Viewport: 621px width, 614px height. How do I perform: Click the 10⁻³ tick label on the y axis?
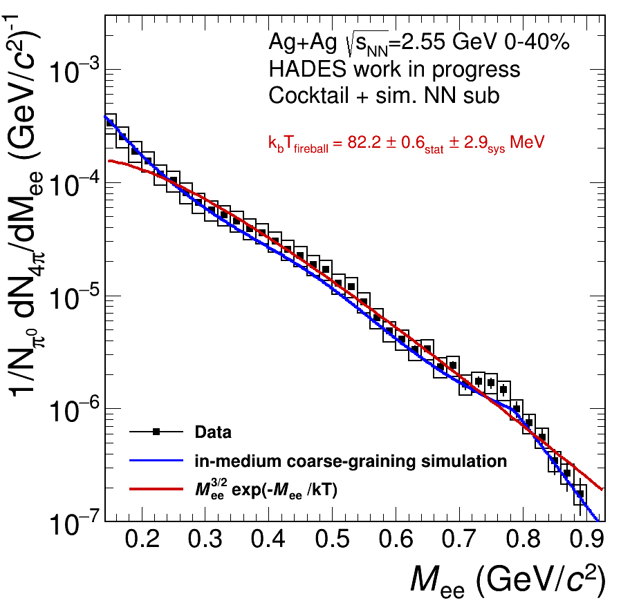pos(77,72)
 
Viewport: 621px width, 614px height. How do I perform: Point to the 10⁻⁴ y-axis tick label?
pos(77,185)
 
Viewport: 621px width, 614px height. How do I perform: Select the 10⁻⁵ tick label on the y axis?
pos(77,298)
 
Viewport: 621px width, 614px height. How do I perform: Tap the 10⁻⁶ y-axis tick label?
pos(77,411)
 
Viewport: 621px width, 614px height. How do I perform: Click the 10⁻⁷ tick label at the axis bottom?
pos(77,524)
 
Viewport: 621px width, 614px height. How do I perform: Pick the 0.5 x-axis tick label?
pos(333,539)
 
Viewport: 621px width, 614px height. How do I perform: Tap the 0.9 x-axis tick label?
pos(586,539)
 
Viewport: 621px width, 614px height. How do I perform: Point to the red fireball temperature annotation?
pos(407,143)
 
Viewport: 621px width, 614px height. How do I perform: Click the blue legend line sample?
pos(158,461)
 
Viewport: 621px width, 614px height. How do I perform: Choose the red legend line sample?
pos(158,489)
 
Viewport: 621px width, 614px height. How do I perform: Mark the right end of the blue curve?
pos(597,520)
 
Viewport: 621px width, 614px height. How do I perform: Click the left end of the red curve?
pos(109,161)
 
